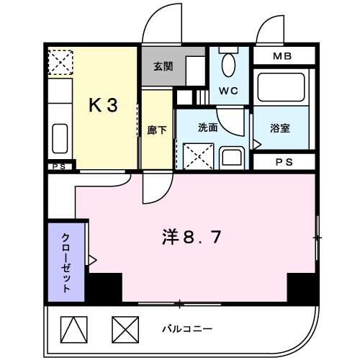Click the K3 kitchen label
[x=102, y=105]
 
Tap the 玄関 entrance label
[x=163, y=66]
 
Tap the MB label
[x=282, y=55]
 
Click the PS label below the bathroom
[x=284, y=162]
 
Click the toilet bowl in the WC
[x=229, y=65]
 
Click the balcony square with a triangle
[x=73, y=330]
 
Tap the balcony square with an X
[x=124, y=330]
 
